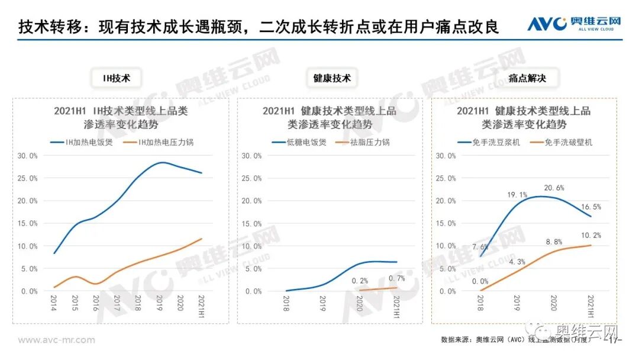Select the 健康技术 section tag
coord(332,78)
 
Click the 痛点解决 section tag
coord(527,78)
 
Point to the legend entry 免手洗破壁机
coord(561,142)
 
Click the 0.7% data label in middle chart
coord(396,278)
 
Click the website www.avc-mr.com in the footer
coord(56,340)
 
